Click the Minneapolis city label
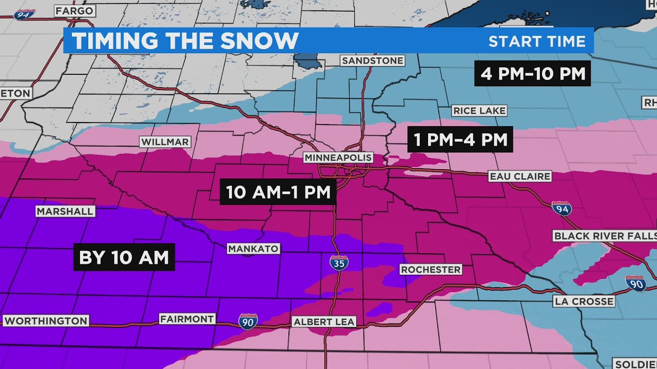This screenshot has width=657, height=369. click(338, 157)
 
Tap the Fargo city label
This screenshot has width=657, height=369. click(74, 10)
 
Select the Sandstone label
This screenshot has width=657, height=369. click(373, 60)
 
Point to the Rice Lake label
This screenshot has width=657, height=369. click(479, 111)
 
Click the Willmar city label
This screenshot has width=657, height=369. click(165, 142)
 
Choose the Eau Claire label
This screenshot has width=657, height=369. click(520, 176)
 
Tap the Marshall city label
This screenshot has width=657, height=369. click(65, 211)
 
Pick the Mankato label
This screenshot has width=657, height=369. click(254, 249)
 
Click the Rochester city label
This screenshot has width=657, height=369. click(431, 269)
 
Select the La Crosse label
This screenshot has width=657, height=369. click(584, 301)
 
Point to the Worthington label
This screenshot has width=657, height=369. click(46, 321)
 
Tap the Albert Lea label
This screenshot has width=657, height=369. click(323, 322)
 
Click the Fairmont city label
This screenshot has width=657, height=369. click(187, 319)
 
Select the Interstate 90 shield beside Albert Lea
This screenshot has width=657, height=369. click(247, 321)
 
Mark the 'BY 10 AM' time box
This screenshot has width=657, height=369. click(125, 257)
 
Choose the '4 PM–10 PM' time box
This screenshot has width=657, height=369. click(533, 74)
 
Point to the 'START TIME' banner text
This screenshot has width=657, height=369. click(536, 41)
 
